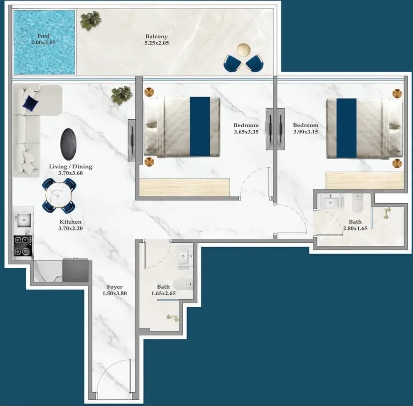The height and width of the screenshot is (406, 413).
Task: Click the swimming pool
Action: point(44,42)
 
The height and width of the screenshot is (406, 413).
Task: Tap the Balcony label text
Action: point(157,36)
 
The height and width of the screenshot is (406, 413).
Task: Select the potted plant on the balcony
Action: point(91,20)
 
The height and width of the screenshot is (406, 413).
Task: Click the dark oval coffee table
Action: point(68,145)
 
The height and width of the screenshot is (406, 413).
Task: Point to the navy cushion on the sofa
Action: point(31,103)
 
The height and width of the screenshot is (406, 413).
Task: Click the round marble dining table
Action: point(59,195)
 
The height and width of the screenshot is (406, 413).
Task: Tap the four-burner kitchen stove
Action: point(23,245)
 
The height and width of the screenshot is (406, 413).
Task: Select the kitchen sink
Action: point(24,220)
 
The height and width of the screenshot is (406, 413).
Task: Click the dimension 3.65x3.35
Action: point(246,132)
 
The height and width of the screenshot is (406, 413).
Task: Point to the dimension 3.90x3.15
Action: point(305,132)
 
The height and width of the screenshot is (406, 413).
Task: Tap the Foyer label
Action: point(115,287)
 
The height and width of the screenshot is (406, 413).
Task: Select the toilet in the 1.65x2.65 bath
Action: point(183,284)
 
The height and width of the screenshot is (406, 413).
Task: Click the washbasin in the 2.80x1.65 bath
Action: point(331,202)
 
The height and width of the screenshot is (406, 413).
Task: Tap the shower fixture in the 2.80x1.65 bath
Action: point(387,213)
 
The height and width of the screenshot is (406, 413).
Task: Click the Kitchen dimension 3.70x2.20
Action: point(71,229)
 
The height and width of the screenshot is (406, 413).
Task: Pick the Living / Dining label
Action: point(71,166)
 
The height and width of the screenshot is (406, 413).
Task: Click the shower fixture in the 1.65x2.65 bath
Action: point(173,318)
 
